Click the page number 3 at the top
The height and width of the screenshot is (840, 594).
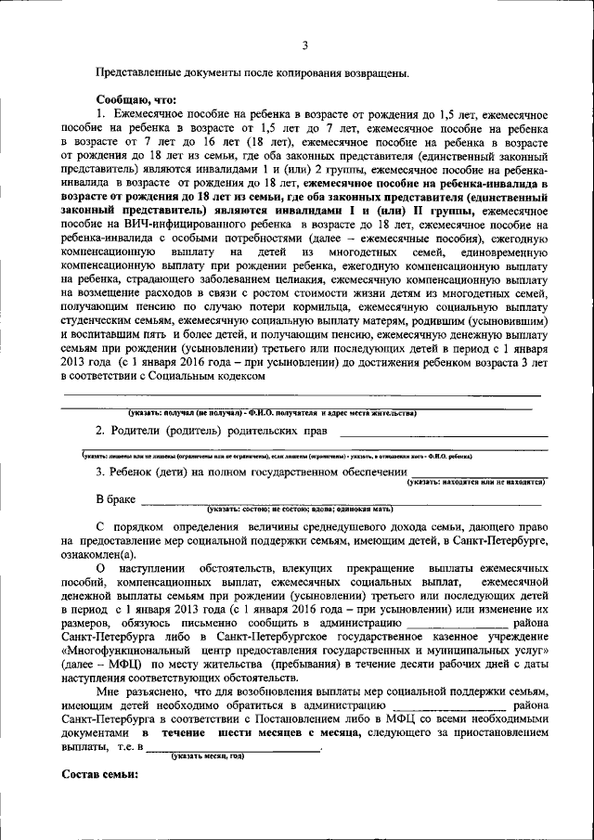click(x=303, y=45)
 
